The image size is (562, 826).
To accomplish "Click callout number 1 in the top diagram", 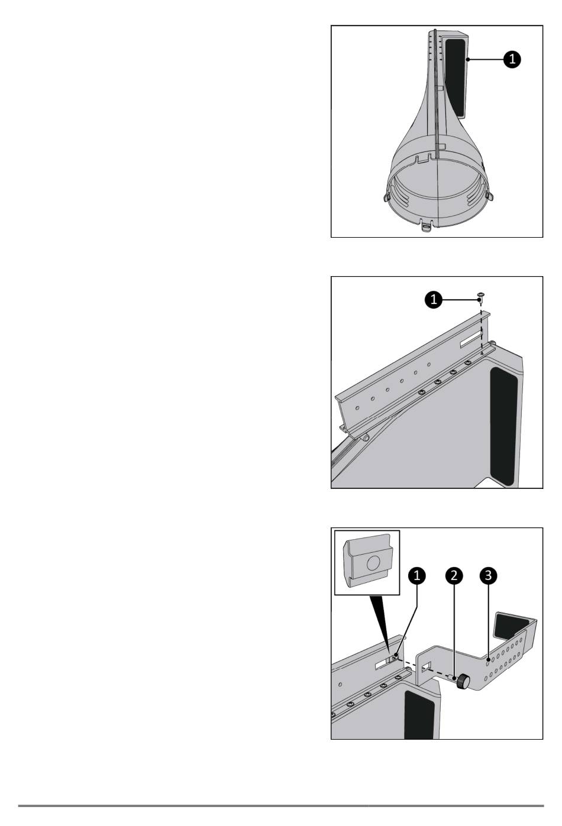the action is pos(512,59).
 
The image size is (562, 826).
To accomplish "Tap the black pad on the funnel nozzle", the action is pos(454,78).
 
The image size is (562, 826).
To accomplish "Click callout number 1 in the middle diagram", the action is pos(434,299).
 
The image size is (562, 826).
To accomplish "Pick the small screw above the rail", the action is pos(480,296).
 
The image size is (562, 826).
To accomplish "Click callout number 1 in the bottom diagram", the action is pos(417,575).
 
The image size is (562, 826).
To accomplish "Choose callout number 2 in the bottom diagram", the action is pos(454,575).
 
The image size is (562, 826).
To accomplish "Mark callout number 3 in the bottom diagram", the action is pos(488,575).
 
